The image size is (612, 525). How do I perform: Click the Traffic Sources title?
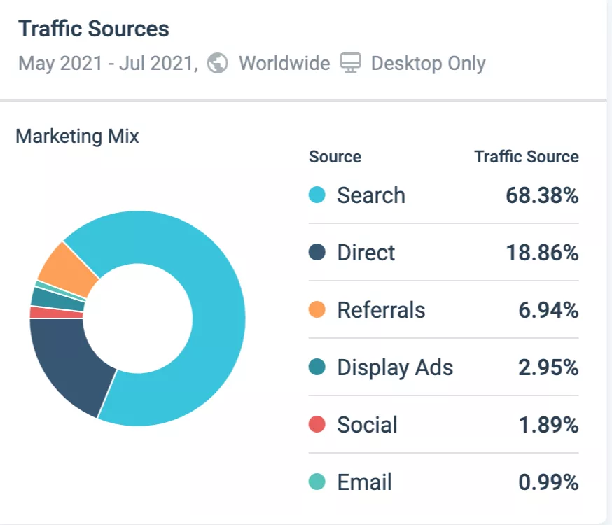pos(93,29)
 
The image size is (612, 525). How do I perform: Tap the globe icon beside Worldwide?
pos(218,64)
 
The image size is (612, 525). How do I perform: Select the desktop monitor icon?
pos(350,64)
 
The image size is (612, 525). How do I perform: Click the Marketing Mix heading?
pos(77,136)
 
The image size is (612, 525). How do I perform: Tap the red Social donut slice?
pos(56,312)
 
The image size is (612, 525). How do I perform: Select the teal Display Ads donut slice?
pos(57,297)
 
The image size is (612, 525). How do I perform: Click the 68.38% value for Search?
pos(542,195)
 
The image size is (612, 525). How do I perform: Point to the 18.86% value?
pos(542,253)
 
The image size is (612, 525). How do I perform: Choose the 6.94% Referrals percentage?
pos(548,310)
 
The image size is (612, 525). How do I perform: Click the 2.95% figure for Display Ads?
pos(548,367)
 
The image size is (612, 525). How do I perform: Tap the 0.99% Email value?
pos(548,482)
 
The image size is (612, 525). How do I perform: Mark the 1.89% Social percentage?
pos(548,425)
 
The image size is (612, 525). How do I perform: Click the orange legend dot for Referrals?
pos(317,310)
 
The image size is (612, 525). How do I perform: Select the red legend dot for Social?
pos(317,425)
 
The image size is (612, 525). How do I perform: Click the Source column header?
pos(335,157)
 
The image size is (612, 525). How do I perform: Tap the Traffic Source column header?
pos(527,157)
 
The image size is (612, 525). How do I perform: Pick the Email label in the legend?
pos(364,482)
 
